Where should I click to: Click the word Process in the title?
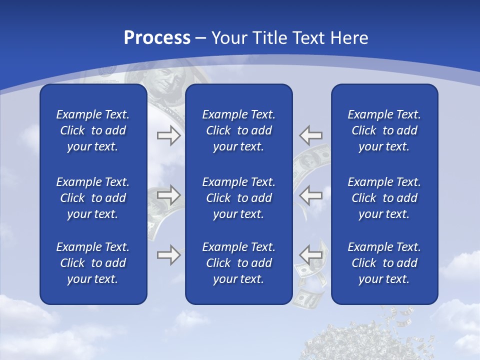pos(157,38)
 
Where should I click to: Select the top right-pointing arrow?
pos(168,135)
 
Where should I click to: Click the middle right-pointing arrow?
pos(168,195)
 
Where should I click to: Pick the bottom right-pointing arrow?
pos(168,255)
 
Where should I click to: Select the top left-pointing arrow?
pos(311,135)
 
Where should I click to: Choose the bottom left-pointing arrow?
pos(311,254)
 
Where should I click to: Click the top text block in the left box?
pos(93,130)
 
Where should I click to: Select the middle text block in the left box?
pos(93,198)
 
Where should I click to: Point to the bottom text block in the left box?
pos(93,263)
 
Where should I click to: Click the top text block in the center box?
pos(238,130)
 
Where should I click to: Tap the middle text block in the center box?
pos(238,198)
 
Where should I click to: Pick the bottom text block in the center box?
pos(238,263)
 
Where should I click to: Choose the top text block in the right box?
pos(384,130)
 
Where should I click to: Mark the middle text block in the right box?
pos(384,198)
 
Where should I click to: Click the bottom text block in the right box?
pos(384,263)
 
